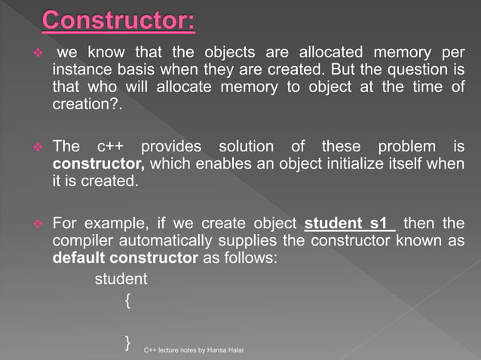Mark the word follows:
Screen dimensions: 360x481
[x=251, y=258]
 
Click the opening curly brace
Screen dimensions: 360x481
[x=128, y=301]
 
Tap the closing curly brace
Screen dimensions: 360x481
[x=128, y=343]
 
